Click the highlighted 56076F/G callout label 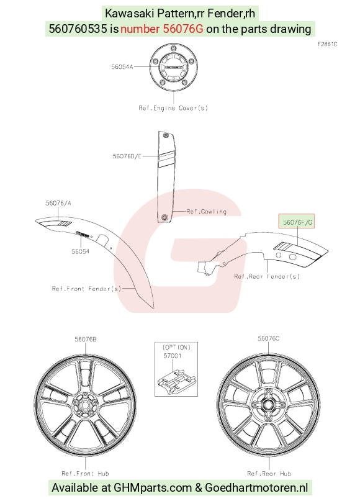coord(297,222)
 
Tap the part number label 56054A coord(122,67)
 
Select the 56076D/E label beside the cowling coord(127,156)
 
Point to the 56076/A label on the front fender coord(58,203)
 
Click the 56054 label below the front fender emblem coord(81,251)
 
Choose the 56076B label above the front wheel coord(85,339)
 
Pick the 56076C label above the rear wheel coord(269,338)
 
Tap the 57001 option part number coord(173,356)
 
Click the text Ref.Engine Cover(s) coord(173,108)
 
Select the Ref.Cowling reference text coord(206,212)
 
